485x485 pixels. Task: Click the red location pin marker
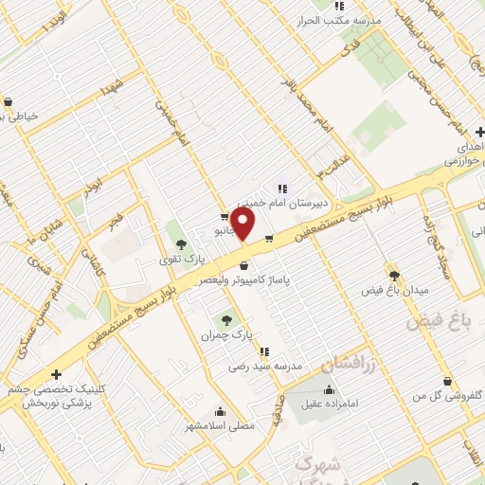tap(243, 225)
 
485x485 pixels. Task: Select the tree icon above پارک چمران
tap(225, 319)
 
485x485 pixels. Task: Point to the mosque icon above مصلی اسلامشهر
tap(220, 411)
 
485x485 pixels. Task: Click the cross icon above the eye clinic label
tap(57, 373)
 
